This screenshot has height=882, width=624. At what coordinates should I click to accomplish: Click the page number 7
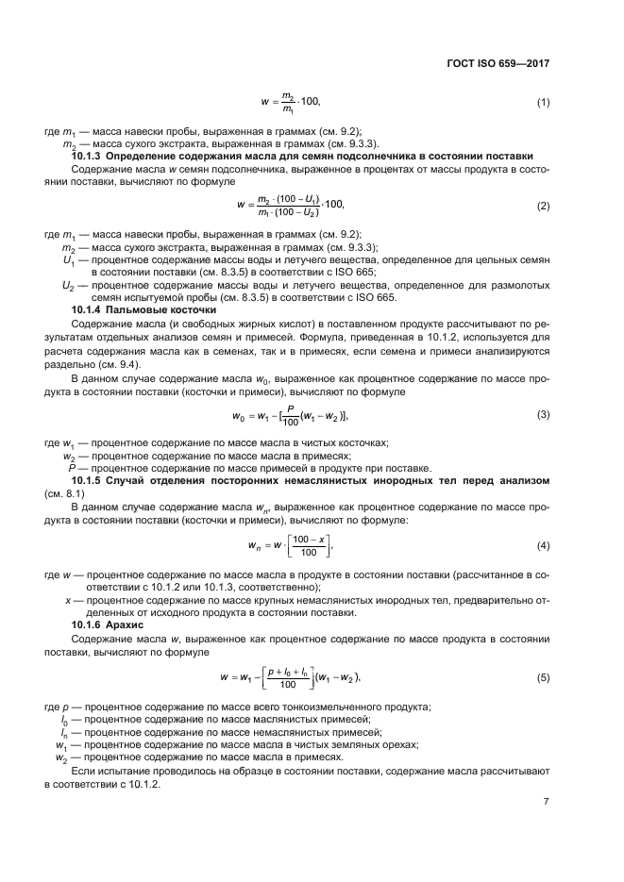546,802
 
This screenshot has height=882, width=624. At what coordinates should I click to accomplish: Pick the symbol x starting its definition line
67,599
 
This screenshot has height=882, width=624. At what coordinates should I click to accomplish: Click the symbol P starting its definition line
72,467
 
